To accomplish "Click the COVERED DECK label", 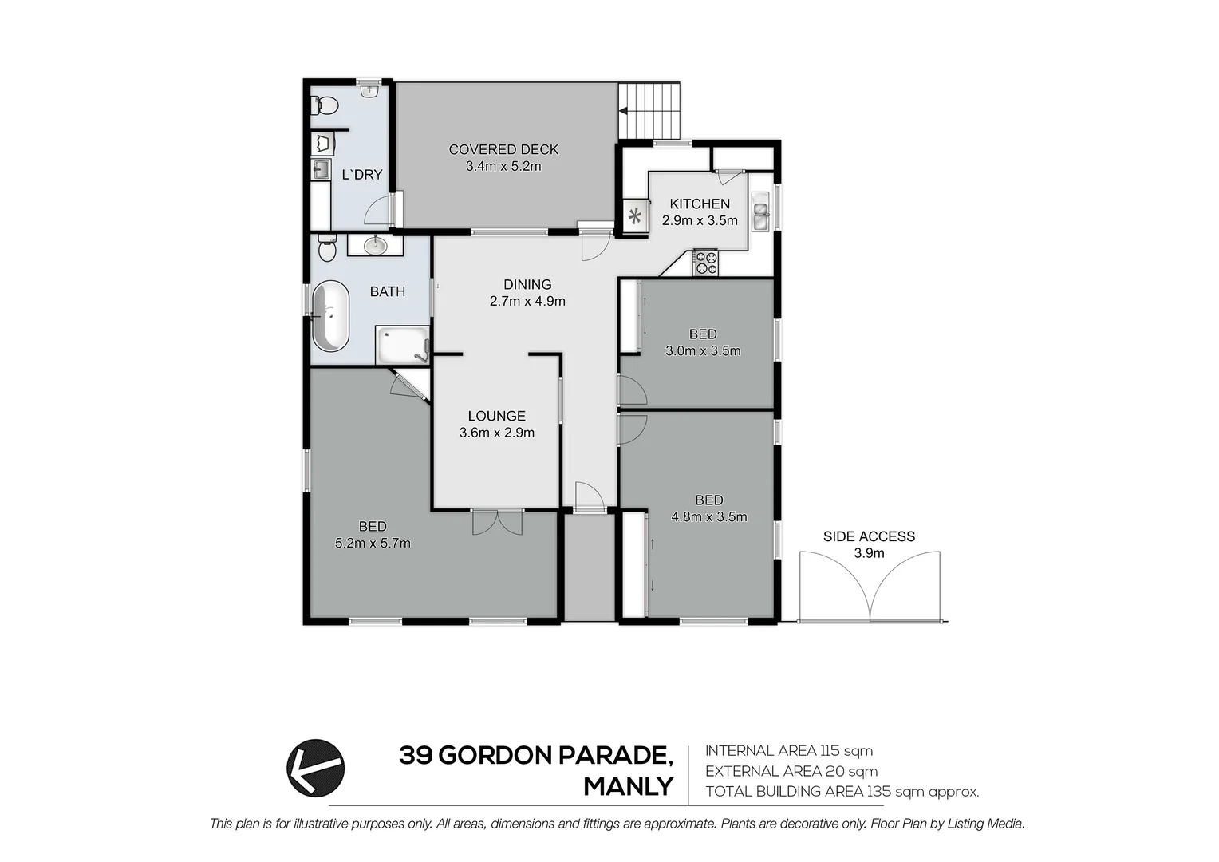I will coord(503,149).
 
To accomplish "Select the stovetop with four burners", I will coord(705,263).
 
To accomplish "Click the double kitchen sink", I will coord(760,212).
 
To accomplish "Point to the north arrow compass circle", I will coord(316,767).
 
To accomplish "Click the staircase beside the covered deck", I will coord(649,111).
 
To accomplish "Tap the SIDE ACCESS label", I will coord(869,536).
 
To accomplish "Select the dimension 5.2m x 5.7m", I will coord(373,544).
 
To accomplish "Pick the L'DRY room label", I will coord(362,175).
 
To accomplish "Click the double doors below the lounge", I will coord(497,522).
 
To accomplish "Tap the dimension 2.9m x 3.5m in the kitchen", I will coord(700,220).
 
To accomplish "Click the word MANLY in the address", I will coord(628,787).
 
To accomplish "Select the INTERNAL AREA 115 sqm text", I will coord(788,750).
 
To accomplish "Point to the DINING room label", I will coord(527,284).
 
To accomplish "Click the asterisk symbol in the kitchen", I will coord(635,215).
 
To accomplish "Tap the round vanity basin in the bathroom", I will coord(375,245).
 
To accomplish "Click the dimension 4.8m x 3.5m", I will coord(709,516).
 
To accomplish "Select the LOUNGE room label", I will coord(496,416).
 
